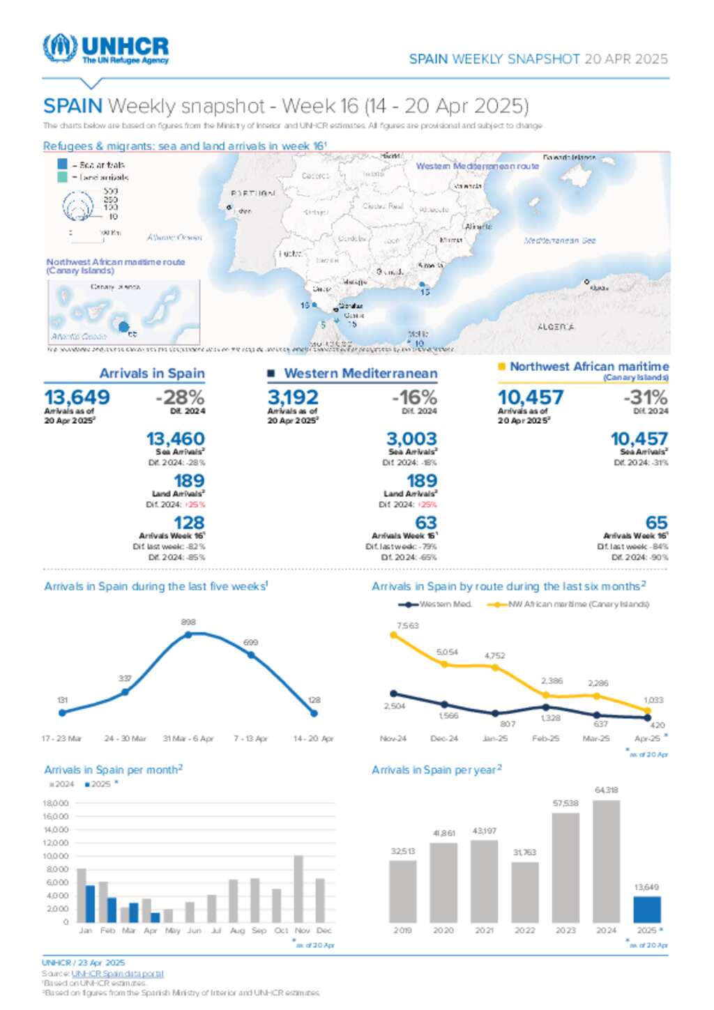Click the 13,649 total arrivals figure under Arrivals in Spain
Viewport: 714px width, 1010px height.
pyautogui.click(x=77, y=397)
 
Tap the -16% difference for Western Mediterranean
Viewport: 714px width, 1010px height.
pyautogui.click(x=414, y=397)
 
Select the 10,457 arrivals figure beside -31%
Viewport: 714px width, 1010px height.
pyautogui.click(x=530, y=397)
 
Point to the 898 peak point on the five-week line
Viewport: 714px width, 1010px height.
pyautogui.click(x=188, y=634)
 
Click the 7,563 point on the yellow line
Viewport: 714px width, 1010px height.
pyautogui.click(x=394, y=635)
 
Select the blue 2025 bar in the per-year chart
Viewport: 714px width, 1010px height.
pyautogui.click(x=646, y=910)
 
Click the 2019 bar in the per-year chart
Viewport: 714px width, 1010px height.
pyautogui.click(x=402, y=892)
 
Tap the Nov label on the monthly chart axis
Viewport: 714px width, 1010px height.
pyautogui.click(x=302, y=931)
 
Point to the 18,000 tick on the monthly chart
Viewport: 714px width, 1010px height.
pyautogui.click(x=56, y=804)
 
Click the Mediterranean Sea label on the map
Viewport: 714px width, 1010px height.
pyautogui.click(x=559, y=240)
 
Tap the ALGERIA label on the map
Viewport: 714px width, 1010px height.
pyautogui.click(x=556, y=327)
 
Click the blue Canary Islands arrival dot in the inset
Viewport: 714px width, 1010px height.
pyautogui.click(x=123, y=326)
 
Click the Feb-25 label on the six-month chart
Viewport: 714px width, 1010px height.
pyautogui.click(x=545, y=739)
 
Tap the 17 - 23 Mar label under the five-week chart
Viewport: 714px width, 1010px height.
pyautogui.click(x=61, y=739)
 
